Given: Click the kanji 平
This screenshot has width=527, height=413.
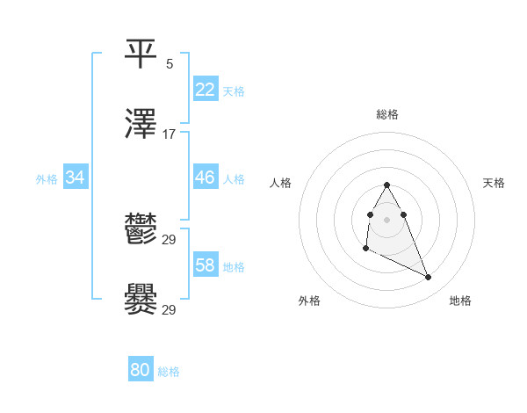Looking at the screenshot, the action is [x=141, y=54].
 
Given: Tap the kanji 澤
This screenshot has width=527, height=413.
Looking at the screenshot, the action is [x=141, y=125].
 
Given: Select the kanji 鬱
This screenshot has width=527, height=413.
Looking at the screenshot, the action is [x=141, y=231].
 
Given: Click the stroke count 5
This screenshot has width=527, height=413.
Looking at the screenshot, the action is [x=170, y=64].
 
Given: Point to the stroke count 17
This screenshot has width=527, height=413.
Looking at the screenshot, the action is [x=170, y=134].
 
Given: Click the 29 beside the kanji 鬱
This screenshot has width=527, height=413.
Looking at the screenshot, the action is [x=170, y=240].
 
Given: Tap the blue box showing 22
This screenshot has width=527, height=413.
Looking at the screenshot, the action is [x=205, y=89].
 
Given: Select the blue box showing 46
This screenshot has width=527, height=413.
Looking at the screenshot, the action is [x=205, y=178].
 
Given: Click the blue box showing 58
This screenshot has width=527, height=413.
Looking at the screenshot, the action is [x=205, y=265].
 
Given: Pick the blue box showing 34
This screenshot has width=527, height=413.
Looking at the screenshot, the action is [x=76, y=178].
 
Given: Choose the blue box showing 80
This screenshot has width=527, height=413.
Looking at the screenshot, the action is [x=141, y=370].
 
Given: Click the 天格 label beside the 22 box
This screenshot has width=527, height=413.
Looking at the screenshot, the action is [x=234, y=91].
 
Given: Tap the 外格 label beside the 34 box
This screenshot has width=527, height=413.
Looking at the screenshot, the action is [x=47, y=179].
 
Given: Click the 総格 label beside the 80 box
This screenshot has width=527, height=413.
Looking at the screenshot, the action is [x=169, y=372].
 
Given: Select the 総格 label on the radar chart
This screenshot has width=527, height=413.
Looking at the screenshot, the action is [x=387, y=114].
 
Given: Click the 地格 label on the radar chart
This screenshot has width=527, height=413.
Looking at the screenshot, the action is [x=460, y=301].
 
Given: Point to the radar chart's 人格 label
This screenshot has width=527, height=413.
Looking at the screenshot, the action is [x=281, y=183].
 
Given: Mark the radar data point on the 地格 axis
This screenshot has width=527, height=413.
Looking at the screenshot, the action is [x=429, y=278].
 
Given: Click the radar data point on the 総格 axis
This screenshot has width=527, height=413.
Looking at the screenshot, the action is [x=386, y=185].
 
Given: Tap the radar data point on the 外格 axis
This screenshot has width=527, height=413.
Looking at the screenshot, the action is [x=365, y=249].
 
